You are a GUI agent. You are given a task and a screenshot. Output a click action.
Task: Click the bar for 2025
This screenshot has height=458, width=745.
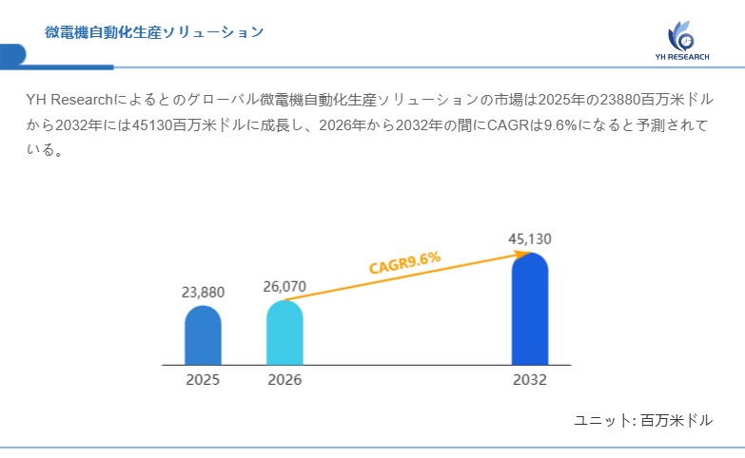pos(203,334)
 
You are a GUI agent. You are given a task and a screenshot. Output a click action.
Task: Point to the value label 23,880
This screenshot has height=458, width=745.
pos(203,293)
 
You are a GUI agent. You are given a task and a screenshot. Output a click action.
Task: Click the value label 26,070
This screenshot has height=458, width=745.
pos(284,286)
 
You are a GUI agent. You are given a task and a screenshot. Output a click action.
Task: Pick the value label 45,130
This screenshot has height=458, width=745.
pos(530,239)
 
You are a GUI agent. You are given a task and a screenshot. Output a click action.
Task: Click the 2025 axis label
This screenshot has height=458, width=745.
pos(203,380)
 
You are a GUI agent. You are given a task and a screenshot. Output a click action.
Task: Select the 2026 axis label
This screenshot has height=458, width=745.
pos(284,380)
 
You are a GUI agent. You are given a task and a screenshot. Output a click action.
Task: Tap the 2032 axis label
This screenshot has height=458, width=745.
pos(530,380)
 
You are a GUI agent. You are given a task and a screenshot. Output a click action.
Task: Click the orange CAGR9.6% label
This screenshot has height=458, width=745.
pos(404,261)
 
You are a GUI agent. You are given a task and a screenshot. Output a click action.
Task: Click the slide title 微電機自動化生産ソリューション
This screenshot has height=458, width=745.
pos(154,32)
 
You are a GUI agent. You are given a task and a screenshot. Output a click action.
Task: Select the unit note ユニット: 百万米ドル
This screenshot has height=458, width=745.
pos(643,419)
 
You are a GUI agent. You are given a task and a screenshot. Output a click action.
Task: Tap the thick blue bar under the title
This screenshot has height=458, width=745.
pos(57,67)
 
